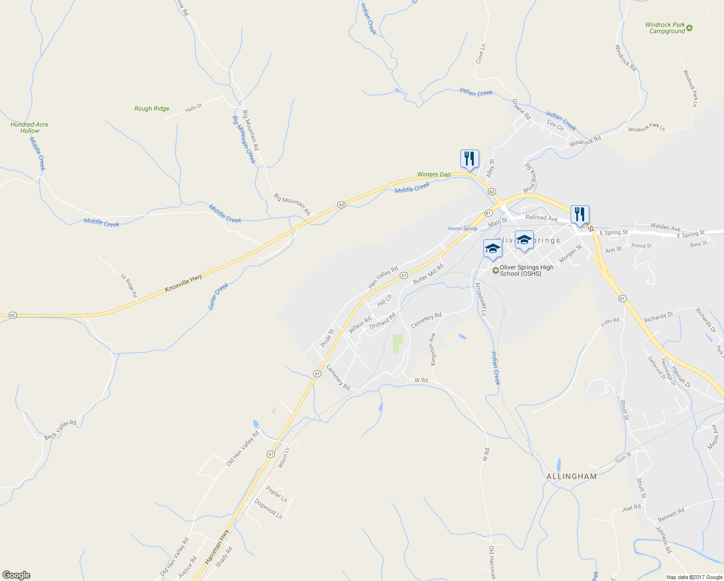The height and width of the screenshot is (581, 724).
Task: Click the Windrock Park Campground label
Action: pos(665,28)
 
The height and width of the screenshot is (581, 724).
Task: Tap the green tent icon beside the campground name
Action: pos(690,28)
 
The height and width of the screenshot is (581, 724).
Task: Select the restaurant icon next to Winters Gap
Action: pos(469,159)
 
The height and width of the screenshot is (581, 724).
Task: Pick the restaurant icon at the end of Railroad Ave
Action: pos(579,214)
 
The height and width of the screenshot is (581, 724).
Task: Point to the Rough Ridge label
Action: pos(151,109)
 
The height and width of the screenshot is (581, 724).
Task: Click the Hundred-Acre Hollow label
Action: pos(30,128)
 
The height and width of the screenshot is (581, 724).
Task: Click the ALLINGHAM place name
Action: pos(572,476)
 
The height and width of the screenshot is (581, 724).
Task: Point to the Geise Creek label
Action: pos(218,297)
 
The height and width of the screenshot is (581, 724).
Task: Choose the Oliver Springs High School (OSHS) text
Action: pos(526,271)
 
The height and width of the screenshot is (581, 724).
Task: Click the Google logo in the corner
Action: pos(16,575)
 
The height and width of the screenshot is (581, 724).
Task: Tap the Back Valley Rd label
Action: pos(60,430)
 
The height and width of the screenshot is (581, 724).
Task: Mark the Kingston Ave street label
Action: pos(433,349)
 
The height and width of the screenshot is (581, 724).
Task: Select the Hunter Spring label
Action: pos(462,229)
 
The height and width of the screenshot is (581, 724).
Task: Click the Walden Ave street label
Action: pos(665,227)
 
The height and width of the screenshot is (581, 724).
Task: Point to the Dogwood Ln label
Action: pos(268,509)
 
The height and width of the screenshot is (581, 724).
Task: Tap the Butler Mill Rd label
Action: pos(428,274)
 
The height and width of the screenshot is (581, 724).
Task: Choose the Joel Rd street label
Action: pos(631,508)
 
